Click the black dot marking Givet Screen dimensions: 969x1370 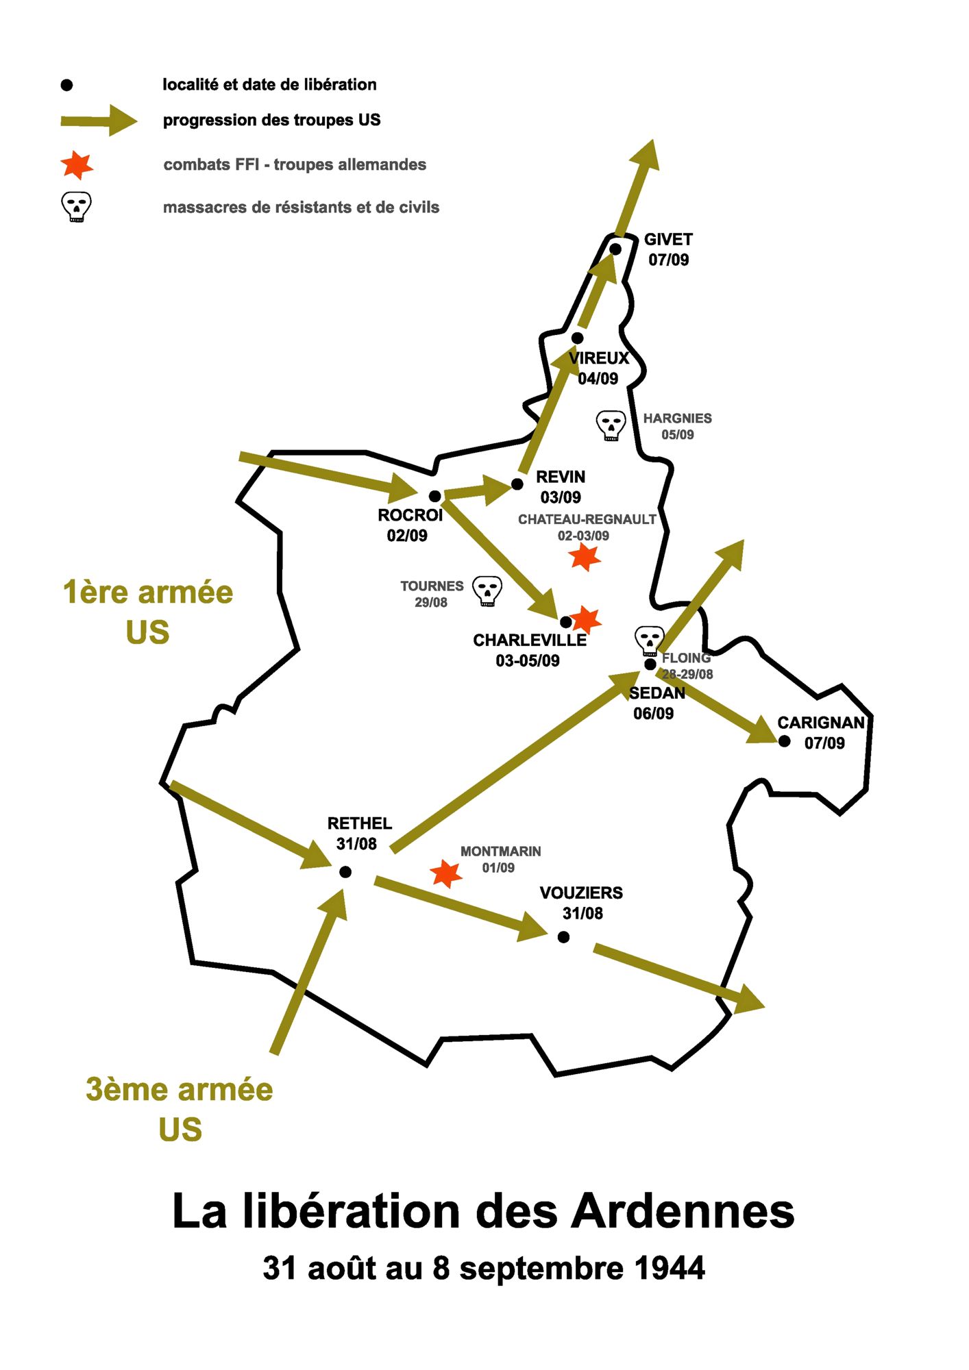point(615,249)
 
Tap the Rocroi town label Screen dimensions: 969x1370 point(410,515)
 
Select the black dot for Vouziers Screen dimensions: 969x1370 point(563,937)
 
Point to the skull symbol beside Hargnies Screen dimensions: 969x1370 point(611,425)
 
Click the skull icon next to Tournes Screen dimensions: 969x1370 point(487,591)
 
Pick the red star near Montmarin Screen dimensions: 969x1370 point(446,873)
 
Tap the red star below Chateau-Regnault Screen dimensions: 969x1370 point(585,557)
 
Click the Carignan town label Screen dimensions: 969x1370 point(820,723)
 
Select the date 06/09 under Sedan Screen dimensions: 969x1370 point(653,714)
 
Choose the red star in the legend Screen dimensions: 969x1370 point(77,165)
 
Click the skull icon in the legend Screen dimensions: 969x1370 point(76,206)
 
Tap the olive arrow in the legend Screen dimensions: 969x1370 point(99,121)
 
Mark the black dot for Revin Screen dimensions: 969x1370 point(517,484)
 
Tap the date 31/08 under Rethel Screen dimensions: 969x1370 point(356,844)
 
